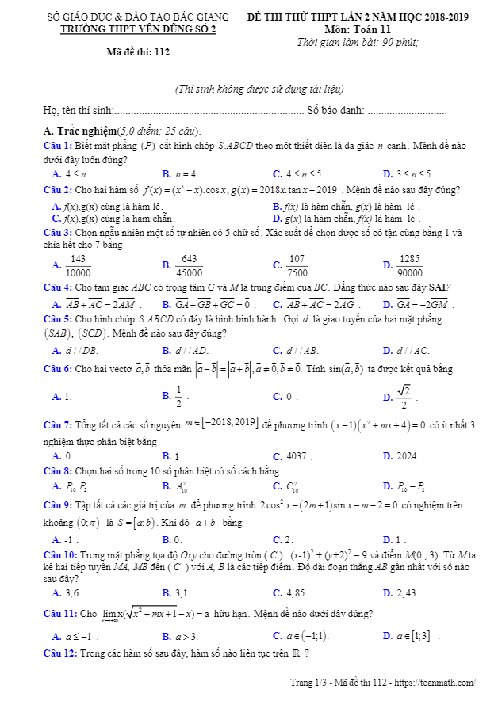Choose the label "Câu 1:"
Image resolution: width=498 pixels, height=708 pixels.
point(58,146)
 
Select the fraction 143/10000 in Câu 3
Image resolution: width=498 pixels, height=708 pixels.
point(78,265)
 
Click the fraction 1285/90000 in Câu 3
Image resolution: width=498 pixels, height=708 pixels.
point(409,265)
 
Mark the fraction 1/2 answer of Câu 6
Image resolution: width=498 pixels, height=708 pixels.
point(179,395)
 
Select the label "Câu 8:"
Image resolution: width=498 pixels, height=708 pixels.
point(58,470)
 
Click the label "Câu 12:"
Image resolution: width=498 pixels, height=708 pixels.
point(60,653)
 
